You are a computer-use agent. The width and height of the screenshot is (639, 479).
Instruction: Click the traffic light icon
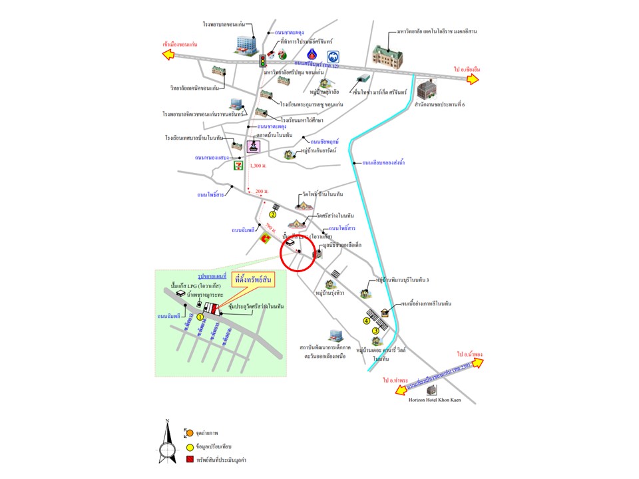pyautogui.click(x=263, y=61)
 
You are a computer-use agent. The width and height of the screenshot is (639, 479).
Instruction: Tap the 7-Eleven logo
pyautogui.click(x=237, y=166)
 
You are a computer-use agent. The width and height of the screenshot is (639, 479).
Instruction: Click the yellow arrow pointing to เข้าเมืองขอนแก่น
pyautogui.click(x=168, y=55)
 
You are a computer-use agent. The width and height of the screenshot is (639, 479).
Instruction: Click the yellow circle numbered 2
pyautogui.click(x=272, y=214)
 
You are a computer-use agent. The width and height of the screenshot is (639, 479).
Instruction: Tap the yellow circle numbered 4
pyautogui.click(x=366, y=321)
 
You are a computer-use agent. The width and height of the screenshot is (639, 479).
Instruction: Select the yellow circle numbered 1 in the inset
pyautogui.click(x=199, y=317)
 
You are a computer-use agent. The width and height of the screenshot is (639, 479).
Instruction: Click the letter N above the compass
pyautogui.click(x=168, y=421)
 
